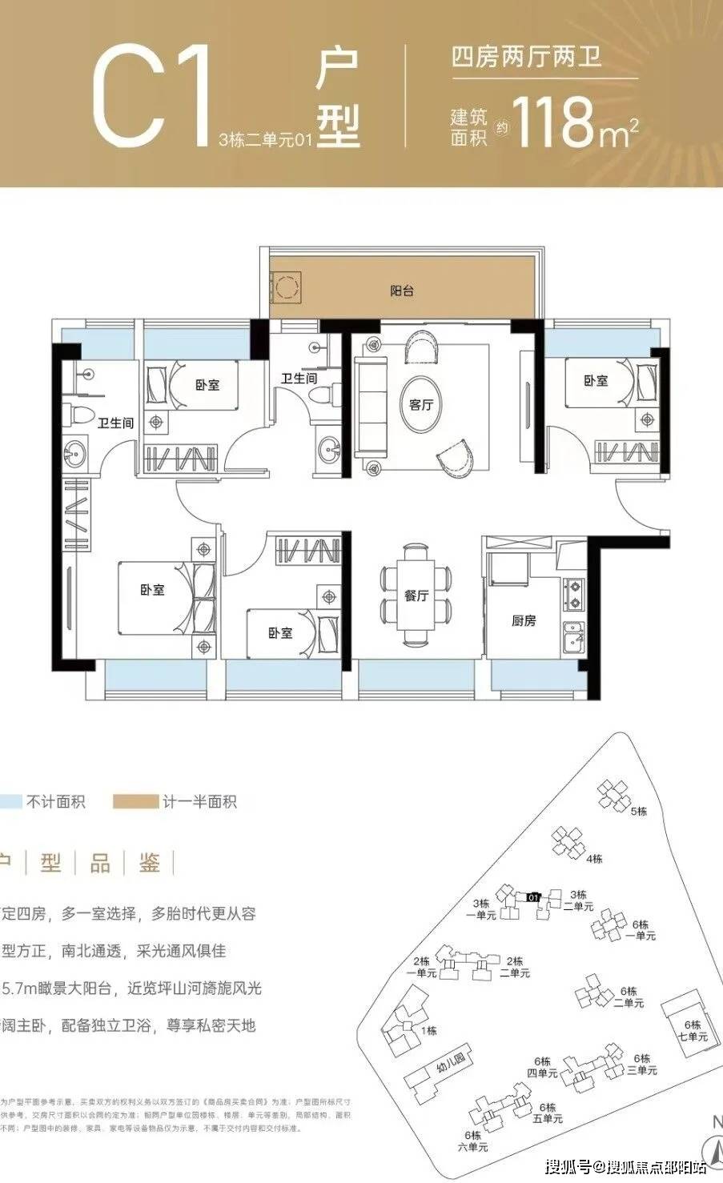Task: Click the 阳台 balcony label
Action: [402, 292]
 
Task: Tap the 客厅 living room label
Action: [420, 405]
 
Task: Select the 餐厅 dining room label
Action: [416, 596]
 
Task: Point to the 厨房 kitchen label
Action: [524, 620]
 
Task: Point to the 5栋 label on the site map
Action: [638, 812]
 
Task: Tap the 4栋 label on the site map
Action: [593, 859]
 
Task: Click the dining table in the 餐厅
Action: [416, 595]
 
